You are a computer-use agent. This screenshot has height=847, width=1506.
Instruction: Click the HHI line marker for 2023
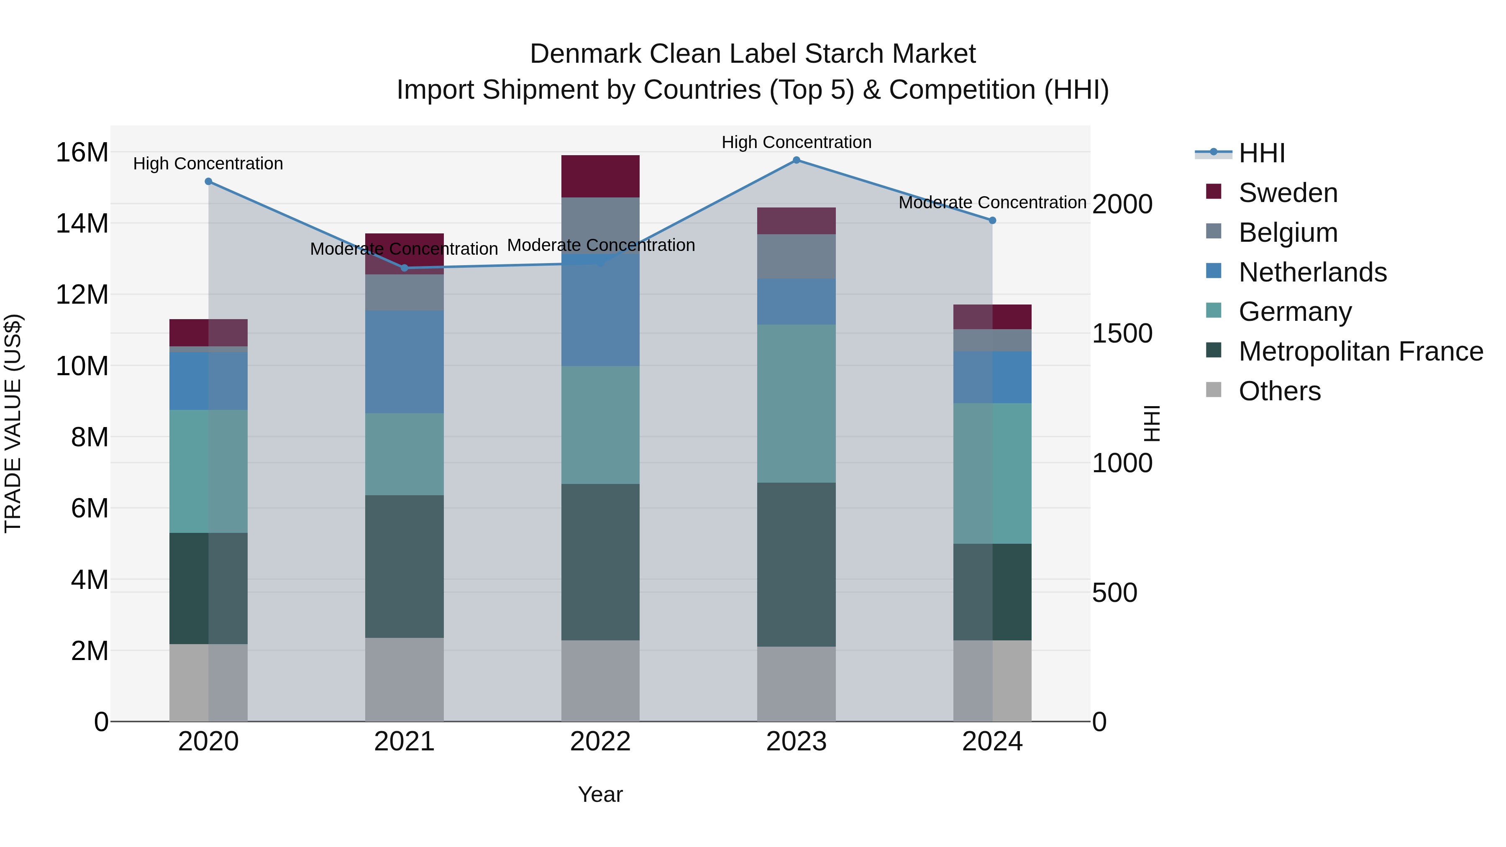click(x=796, y=160)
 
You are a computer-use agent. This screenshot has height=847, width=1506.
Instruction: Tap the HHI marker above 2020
click(x=208, y=182)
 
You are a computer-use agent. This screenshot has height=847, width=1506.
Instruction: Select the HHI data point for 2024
click(x=992, y=220)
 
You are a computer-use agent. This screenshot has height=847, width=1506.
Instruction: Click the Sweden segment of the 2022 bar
click(x=600, y=176)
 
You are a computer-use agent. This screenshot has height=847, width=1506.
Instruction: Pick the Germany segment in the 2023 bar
click(x=796, y=403)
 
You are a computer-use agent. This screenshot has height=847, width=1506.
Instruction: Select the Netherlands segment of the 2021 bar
click(x=404, y=362)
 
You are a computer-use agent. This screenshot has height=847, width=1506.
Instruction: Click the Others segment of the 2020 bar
click(x=208, y=682)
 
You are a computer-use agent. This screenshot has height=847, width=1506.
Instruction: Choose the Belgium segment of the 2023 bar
click(x=796, y=257)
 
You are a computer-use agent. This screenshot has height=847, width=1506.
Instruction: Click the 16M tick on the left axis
click(x=82, y=153)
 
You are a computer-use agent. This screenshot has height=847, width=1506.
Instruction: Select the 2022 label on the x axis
click(x=600, y=742)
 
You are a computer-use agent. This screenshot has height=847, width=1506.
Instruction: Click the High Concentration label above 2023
click(x=796, y=142)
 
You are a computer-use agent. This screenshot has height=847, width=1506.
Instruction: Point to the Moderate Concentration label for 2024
click(x=992, y=202)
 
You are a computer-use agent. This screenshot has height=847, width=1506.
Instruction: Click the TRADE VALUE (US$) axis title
click(x=13, y=423)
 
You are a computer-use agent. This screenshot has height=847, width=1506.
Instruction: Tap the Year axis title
click(x=600, y=794)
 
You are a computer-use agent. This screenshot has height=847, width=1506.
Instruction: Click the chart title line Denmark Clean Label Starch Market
click(x=753, y=54)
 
